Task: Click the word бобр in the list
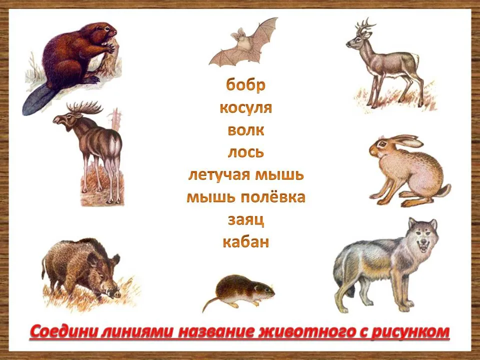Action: pos(245,84)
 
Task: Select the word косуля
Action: pos(245,108)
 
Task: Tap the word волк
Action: pos(245,130)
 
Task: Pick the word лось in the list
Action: pos(245,152)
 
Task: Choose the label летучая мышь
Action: pos(246,175)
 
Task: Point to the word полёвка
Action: pos(273,197)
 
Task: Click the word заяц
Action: pos(246,220)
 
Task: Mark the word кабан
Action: pos(246,242)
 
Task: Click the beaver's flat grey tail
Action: pos(36,100)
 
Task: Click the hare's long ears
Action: pos(404,140)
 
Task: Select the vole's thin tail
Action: pos(210,304)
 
